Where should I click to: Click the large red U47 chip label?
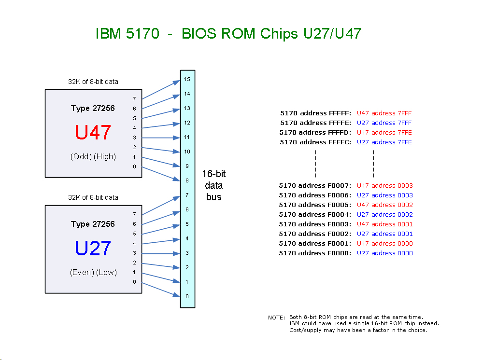tap(93, 132)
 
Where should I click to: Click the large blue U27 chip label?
tap(93, 248)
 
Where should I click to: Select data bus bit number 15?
tap(187, 79)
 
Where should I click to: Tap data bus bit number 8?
tap(187, 180)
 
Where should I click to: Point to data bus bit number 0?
tap(187, 296)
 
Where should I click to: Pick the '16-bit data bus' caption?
tap(213, 185)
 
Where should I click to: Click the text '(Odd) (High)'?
tap(93, 156)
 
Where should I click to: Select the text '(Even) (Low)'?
tap(93, 272)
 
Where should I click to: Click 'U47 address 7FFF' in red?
tap(384, 113)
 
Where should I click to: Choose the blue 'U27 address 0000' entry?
tap(384, 253)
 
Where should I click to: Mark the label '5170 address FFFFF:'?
tap(315, 113)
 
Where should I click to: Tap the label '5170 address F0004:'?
tap(315, 215)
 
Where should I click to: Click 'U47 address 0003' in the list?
tap(384, 186)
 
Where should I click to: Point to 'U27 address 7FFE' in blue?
tap(384, 142)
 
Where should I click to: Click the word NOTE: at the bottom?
tap(276, 317)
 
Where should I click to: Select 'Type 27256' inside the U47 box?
tap(93, 108)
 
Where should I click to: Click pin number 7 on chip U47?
tap(134, 99)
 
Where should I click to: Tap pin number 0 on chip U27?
tap(134, 282)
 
